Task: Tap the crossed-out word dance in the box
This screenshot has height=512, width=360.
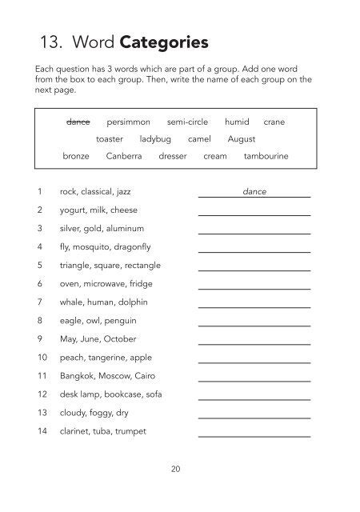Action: coord(78,122)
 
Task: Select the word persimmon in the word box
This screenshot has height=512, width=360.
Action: coord(128,122)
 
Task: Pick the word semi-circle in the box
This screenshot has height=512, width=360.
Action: coord(188,122)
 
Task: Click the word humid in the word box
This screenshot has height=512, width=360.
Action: coord(237,122)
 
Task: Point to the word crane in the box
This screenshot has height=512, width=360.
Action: coord(274,122)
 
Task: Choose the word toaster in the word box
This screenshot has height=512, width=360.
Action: coord(110,139)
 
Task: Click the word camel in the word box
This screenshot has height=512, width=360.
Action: coord(199,139)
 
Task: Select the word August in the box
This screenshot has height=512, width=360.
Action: coord(242,139)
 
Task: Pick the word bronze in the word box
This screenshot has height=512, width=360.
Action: coord(76,157)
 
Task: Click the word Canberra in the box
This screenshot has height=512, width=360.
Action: coord(124,157)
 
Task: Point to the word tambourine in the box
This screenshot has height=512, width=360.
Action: coord(266,157)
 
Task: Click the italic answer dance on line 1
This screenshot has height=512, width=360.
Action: coord(254,192)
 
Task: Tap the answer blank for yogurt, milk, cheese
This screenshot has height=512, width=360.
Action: coord(254,212)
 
